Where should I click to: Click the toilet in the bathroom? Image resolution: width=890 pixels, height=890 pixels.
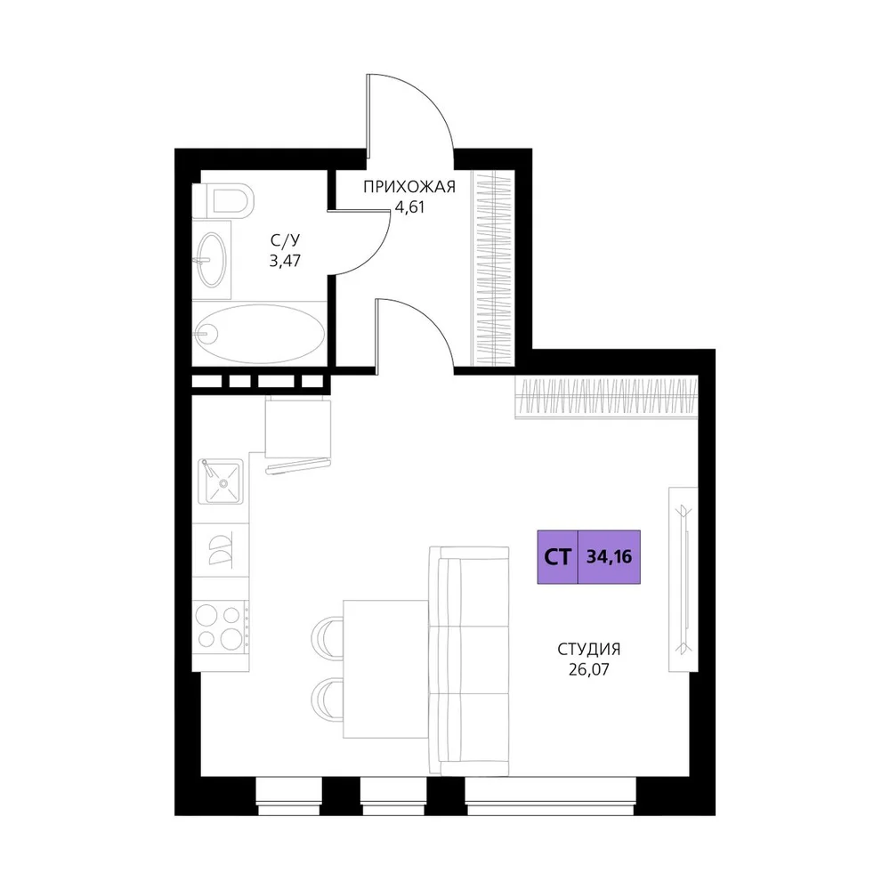click(222, 200)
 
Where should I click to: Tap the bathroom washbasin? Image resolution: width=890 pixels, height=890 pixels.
click(211, 259)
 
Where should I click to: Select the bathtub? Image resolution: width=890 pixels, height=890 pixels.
click(259, 334)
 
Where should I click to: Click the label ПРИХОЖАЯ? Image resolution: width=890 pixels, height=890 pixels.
click(409, 187)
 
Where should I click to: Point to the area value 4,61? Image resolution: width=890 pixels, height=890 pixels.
click(409, 207)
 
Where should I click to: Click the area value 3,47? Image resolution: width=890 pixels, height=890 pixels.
click(285, 261)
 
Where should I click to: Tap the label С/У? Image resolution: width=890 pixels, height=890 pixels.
click(285, 240)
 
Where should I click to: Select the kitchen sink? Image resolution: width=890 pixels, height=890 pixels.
click(221, 481)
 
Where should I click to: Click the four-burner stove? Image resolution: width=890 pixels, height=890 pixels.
click(221, 627)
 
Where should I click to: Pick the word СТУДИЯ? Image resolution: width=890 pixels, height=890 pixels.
click(588, 649)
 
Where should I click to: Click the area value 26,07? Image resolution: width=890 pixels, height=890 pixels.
click(588, 670)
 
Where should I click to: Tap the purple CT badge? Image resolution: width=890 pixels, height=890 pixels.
click(558, 557)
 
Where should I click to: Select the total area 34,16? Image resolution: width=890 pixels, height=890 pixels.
click(609, 557)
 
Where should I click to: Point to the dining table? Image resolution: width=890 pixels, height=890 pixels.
click(386, 669)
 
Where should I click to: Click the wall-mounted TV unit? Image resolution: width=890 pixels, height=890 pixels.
click(684, 579)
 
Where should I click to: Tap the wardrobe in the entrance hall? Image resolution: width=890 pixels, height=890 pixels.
click(494, 269)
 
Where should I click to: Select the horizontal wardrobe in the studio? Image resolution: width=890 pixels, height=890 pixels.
click(606, 397)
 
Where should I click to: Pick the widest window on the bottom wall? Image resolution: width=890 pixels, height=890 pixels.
click(551, 797)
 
